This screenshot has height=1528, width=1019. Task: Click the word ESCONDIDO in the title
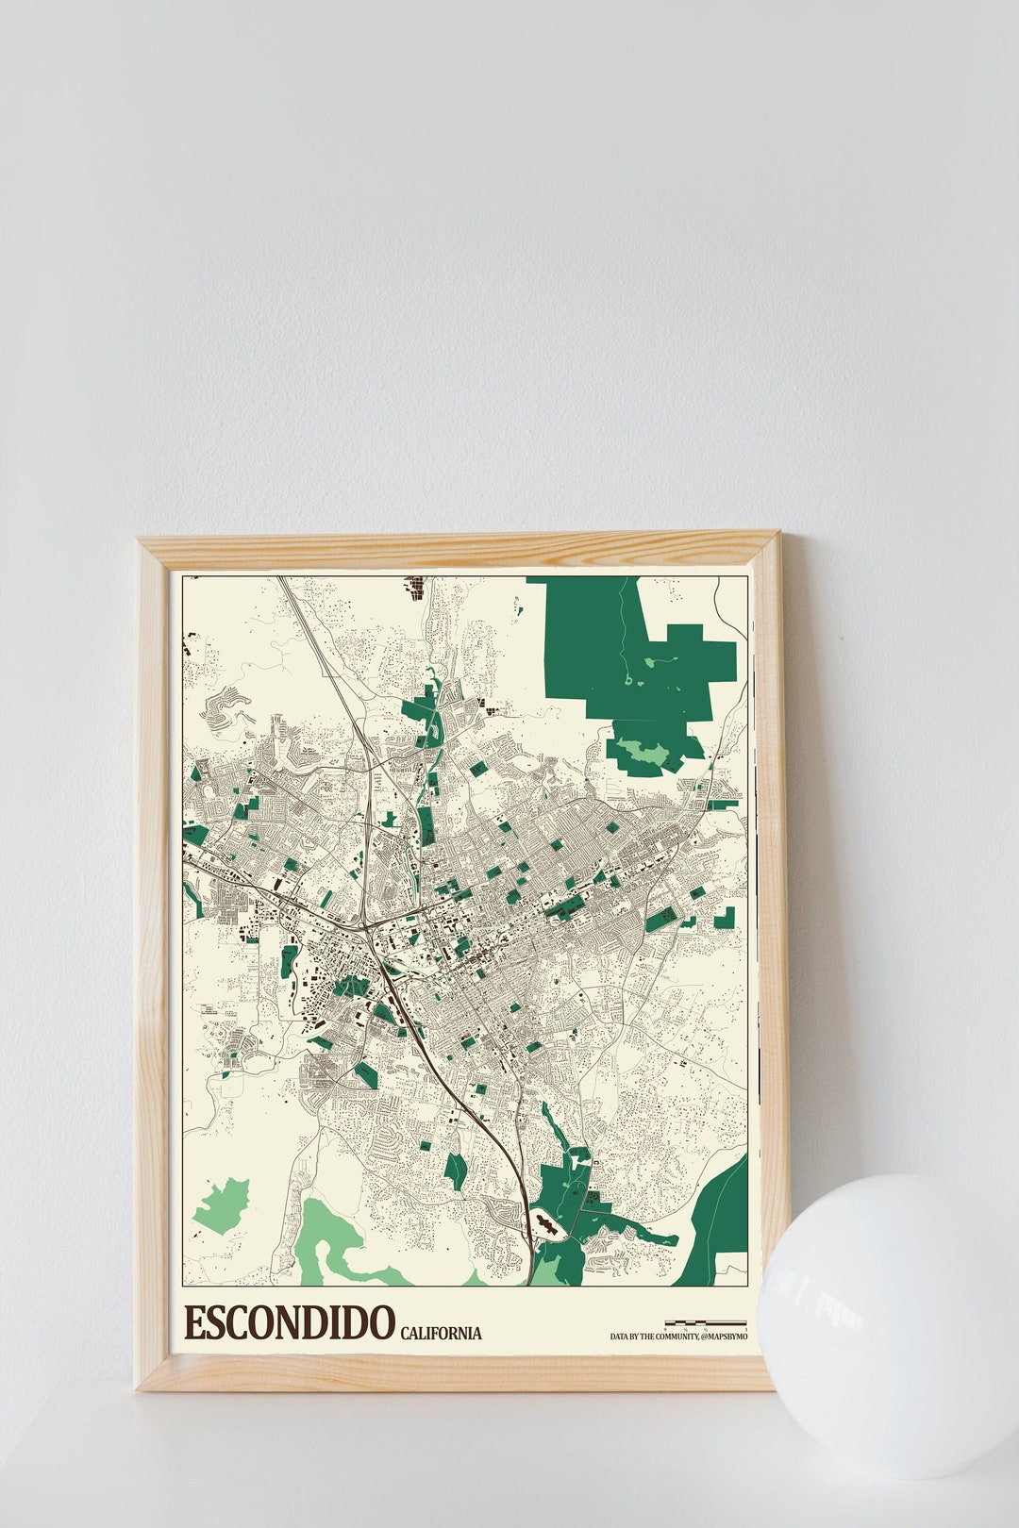pyautogui.click(x=289, y=1323)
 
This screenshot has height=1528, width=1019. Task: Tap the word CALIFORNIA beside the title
pyautogui.click(x=441, y=1333)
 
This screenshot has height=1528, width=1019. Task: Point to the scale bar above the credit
pyautogui.click(x=706, y=1323)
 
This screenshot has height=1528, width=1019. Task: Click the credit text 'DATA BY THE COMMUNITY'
pyautogui.click(x=654, y=1337)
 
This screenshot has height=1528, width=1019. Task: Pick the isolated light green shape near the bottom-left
pyautogui.click(x=223, y=1205)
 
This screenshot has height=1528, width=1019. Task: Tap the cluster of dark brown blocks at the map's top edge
pyautogui.click(x=414, y=587)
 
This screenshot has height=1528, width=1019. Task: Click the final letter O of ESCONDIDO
pyautogui.click(x=379, y=1323)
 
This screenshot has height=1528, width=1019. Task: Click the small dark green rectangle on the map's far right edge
pyautogui.click(x=725, y=917)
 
